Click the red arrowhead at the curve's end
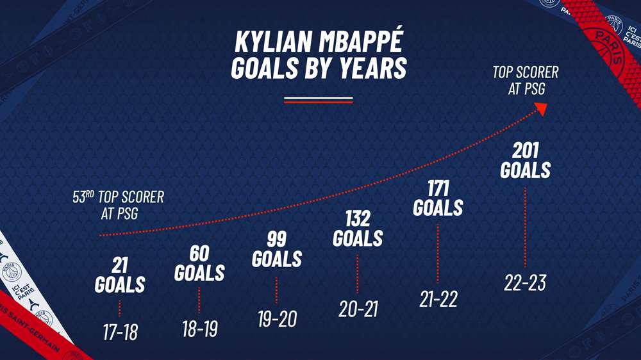click(541, 109)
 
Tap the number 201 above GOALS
click(526, 151)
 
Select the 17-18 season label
click(121, 332)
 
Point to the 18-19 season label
click(200, 329)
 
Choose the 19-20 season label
click(277, 319)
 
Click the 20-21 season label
click(358, 309)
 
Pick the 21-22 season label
click(438, 299)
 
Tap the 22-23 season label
click(525, 282)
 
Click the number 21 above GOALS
click(120, 266)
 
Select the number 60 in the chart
click(199, 254)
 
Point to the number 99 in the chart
click(277, 240)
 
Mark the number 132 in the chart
click(358, 219)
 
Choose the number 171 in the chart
click(438, 189)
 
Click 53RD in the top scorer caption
click(83, 197)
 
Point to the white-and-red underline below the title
click(319, 100)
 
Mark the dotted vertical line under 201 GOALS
click(526, 227)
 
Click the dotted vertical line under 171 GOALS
click(438, 254)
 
